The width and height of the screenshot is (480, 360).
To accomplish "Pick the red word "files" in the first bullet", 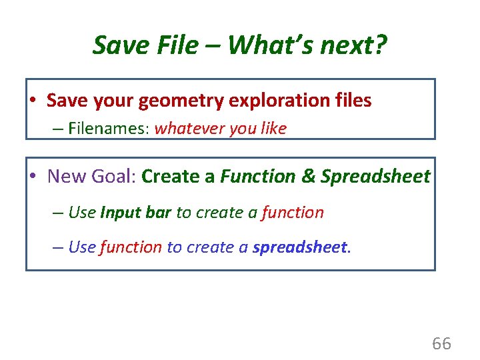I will (351, 101).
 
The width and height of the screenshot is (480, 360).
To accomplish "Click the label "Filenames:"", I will (108, 128).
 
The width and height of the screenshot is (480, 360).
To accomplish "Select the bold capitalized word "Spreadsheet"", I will (375, 177).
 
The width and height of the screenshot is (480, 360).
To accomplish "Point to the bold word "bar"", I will (159, 213).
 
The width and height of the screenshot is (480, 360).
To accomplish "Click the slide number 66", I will (441, 344).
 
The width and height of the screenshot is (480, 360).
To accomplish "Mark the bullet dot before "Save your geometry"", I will (32, 101).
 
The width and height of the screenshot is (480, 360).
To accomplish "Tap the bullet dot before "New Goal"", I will (32, 177).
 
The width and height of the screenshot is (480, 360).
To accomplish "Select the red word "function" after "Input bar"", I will (293, 213).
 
